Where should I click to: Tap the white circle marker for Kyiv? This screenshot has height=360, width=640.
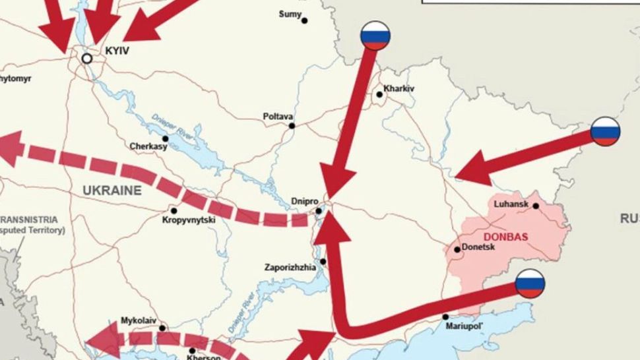coord(86,59)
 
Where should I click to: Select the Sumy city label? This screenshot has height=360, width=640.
coord(290,14)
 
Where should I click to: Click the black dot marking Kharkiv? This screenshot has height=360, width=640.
coord(379,95)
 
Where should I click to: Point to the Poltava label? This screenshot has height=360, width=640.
coord(278,116)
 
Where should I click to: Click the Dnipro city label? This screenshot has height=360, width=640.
coord(304,200)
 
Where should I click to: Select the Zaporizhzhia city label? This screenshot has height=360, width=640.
coord(290,268)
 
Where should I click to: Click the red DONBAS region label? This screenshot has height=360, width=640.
coord(505,237)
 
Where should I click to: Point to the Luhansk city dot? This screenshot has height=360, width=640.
coord(536,206)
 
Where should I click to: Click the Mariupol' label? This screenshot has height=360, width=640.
coord(464,326)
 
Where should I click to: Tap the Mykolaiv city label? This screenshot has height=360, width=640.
coord(139,320)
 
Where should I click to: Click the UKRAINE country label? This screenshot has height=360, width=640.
coord(112,191)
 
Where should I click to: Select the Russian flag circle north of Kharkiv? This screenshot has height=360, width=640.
coord(375,36)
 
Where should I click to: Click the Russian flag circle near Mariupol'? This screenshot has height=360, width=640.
coord(530,284)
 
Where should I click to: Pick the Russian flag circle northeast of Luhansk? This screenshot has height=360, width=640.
coord(605,131)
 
